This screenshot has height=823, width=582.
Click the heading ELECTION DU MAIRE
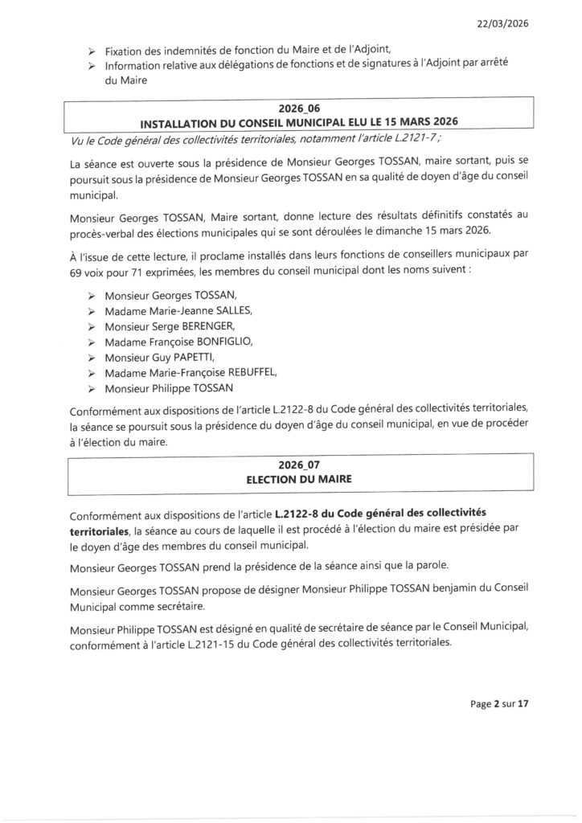(300, 479)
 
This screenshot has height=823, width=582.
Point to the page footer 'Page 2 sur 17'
(499, 705)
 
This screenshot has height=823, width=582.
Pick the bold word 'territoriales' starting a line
(100, 531)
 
